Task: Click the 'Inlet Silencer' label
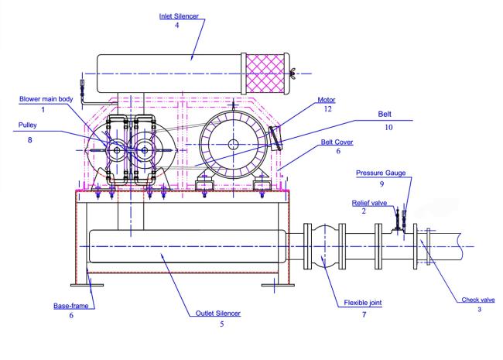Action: coord(179,16)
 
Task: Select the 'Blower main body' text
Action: coord(46,99)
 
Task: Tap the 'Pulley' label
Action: coord(28,125)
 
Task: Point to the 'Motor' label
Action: coord(327,100)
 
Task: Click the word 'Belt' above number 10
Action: coord(385,114)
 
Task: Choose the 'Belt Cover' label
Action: coord(337,142)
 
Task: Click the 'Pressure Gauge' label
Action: coord(381,173)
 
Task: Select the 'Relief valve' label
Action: coord(369,203)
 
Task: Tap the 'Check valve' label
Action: coord(478,300)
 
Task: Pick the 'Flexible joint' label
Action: coord(363,303)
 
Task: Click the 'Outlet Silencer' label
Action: coord(217,313)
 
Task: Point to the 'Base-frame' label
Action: coord(71,306)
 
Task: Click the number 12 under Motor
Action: coord(327,109)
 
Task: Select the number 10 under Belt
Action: coord(388,128)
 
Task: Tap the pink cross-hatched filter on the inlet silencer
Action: coord(265,74)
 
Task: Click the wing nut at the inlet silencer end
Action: coord(293,74)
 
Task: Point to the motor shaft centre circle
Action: coord(233,144)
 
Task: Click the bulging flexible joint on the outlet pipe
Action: coord(325,246)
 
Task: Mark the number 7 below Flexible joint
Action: coord(364,315)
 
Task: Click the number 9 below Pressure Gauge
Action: coord(382,183)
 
